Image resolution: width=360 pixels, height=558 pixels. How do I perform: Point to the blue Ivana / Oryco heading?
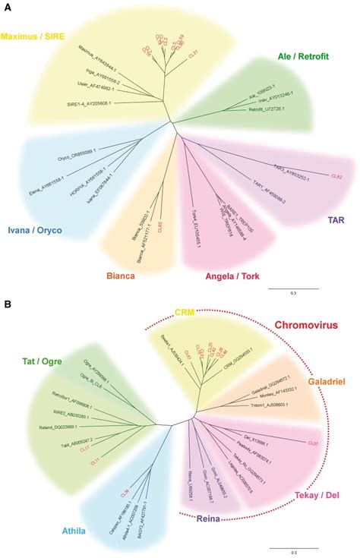(34, 229)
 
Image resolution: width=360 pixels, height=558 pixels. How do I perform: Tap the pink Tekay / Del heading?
(314, 495)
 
